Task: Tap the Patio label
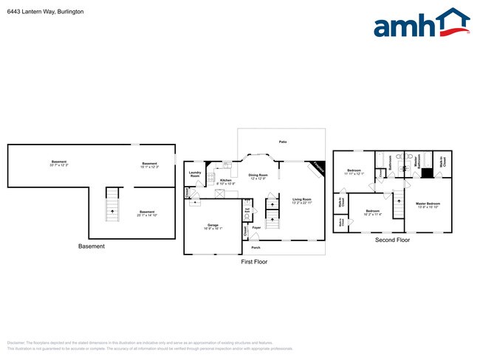(x=282, y=141)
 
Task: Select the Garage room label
(x=213, y=226)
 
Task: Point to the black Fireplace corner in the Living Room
(x=318, y=167)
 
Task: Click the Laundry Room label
(x=195, y=175)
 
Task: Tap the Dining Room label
(x=258, y=177)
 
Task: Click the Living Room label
(x=301, y=201)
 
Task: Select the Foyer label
(x=256, y=228)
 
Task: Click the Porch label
(x=256, y=248)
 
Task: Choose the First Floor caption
(x=254, y=262)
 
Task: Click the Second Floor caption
(x=391, y=240)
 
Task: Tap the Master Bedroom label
(x=428, y=204)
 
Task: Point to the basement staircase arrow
(x=112, y=210)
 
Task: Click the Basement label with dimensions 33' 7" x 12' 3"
(x=59, y=164)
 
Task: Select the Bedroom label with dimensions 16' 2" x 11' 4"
(x=372, y=213)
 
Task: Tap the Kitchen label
(x=226, y=181)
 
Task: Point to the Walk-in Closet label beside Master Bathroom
(x=443, y=161)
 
